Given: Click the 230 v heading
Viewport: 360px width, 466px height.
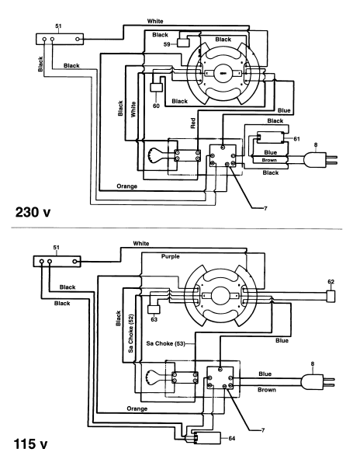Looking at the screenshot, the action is tap(33, 212).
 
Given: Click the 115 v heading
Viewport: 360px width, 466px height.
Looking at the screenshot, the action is tap(30, 444).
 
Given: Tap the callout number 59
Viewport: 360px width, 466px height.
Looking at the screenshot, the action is tap(167, 44).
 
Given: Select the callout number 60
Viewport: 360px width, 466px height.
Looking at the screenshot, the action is tap(156, 106).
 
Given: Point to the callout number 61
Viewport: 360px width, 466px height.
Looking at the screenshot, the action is tap(296, 139).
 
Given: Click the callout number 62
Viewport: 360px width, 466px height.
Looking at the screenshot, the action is tap(331, 281).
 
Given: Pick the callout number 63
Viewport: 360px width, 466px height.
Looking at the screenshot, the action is tap(154, 319).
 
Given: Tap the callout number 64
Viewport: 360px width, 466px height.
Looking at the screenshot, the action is tap(232, 438).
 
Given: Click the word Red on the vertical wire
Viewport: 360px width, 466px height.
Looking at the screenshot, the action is tap(193, 123).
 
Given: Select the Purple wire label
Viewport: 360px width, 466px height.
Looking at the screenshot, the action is tap(171, 256).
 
